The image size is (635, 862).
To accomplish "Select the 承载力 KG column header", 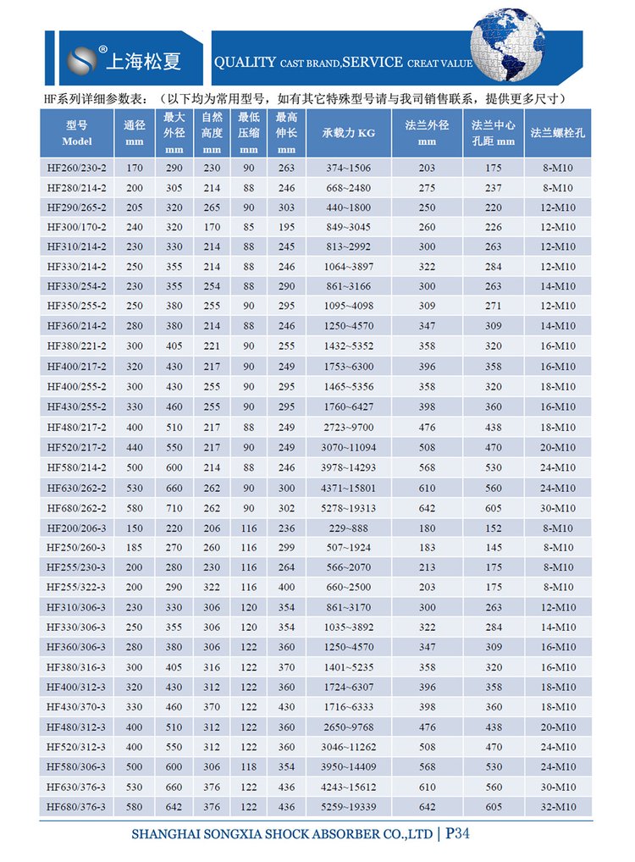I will [x=349, y=133].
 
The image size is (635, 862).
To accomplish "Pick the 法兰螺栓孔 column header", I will [x=559, y=133].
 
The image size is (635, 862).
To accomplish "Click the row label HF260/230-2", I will [x=76, y=168].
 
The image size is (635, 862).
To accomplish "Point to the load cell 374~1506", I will [x=349, y=168].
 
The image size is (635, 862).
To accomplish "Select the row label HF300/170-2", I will [x=76, y=227].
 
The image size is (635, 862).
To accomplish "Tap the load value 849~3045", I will [x=349, y=227].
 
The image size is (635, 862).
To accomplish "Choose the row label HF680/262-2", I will [x=76, y=507].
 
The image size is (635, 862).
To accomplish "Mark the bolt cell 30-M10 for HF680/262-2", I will [x=559, y=507].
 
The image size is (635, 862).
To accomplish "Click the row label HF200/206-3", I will [x=76, y=528].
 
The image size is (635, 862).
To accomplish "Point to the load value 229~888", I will [x=349, y=528].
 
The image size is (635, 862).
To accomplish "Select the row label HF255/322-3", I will [x=76, y=587].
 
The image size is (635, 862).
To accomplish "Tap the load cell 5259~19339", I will [x=349, y=807].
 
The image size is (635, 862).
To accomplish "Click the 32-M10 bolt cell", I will [x=559, y=807].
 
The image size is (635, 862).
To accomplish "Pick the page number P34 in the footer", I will [x=461, y=834].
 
